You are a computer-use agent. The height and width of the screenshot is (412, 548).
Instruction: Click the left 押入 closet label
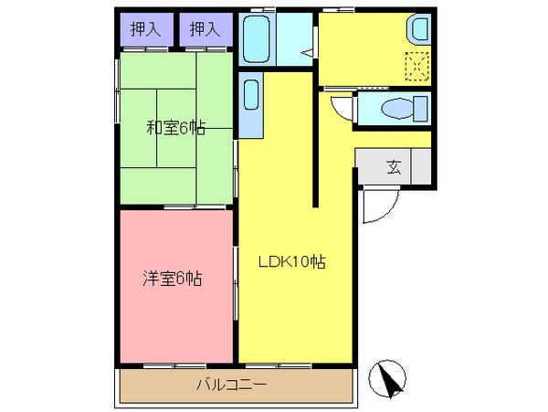point(146,29)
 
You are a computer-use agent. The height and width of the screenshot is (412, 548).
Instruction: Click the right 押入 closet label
point(205,29)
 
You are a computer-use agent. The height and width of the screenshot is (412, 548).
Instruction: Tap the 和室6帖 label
point(175,128)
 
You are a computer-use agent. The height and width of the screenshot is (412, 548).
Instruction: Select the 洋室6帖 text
point(172,280)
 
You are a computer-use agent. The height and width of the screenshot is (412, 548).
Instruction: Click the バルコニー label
point(231,385)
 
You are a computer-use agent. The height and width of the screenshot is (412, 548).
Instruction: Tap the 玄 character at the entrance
point(394,167)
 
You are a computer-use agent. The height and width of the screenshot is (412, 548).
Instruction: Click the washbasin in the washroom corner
point(417,30)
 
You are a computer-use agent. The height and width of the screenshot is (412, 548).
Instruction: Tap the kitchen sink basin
point(251,94)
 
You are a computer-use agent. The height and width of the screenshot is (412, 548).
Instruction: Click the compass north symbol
point(390,378)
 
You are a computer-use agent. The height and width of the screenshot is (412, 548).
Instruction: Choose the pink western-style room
point(174,311)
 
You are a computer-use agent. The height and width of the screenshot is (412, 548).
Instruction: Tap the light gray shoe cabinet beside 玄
point(422,167)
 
